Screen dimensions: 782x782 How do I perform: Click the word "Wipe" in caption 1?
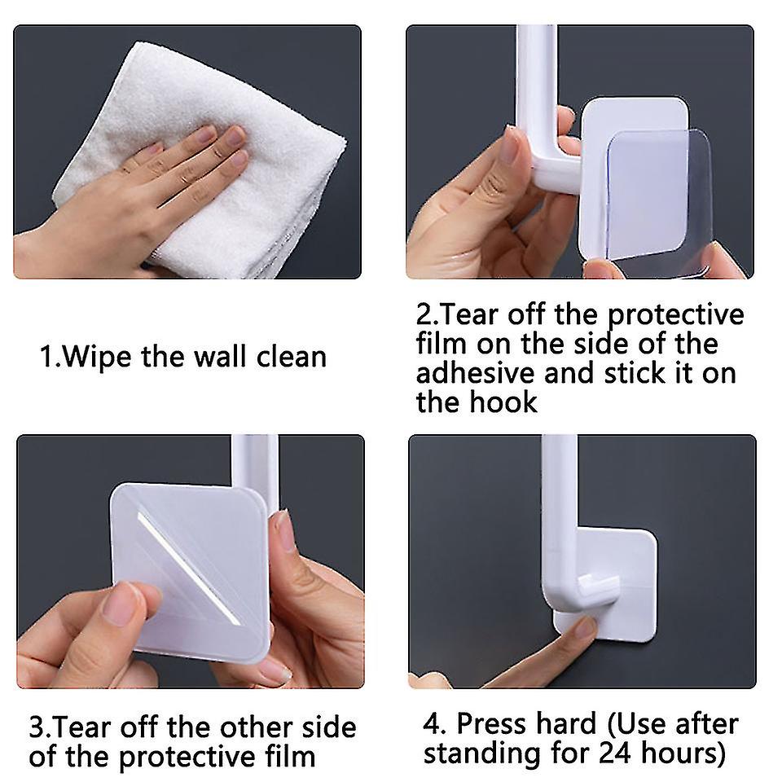pos(99,357)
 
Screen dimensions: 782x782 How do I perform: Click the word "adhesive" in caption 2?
pos(481,373)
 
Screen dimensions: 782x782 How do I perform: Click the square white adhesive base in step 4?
pos(627,570)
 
